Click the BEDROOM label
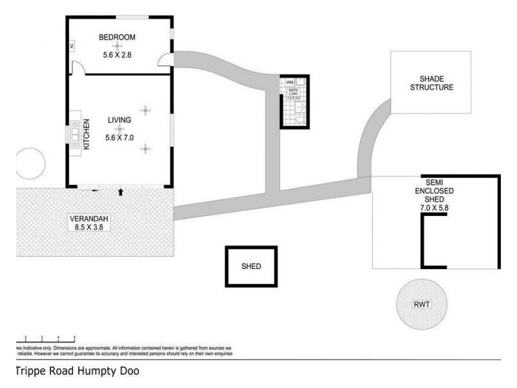pyautogui.click(x=116, y=37)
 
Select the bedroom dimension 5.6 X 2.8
pyautogui.click(x=116, y=55)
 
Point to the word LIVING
pyautogui.click(x=120, y=120)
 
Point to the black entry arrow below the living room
pyautogui.click(x=121, y=191)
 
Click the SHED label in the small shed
pyautogui.click(x=251, y=266)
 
